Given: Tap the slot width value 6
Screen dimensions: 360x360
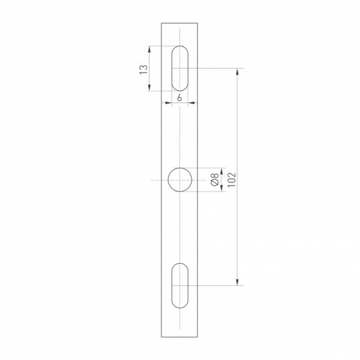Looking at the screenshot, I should pos(179,98).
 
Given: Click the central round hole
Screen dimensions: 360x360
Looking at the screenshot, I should pos(180,180).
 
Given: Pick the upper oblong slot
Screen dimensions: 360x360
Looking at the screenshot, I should pos(179,69).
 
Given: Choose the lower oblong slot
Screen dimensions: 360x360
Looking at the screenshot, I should pos(179,285).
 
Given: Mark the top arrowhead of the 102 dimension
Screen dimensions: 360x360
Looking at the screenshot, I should pos(238,71).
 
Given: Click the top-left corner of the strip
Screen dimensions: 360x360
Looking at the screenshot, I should pos(161,23).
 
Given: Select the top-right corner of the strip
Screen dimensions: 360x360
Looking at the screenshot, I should pos(198,23).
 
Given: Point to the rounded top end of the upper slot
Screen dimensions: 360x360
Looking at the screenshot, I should pos(179,49).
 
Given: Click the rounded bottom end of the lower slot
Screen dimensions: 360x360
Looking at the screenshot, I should pos(179,305).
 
